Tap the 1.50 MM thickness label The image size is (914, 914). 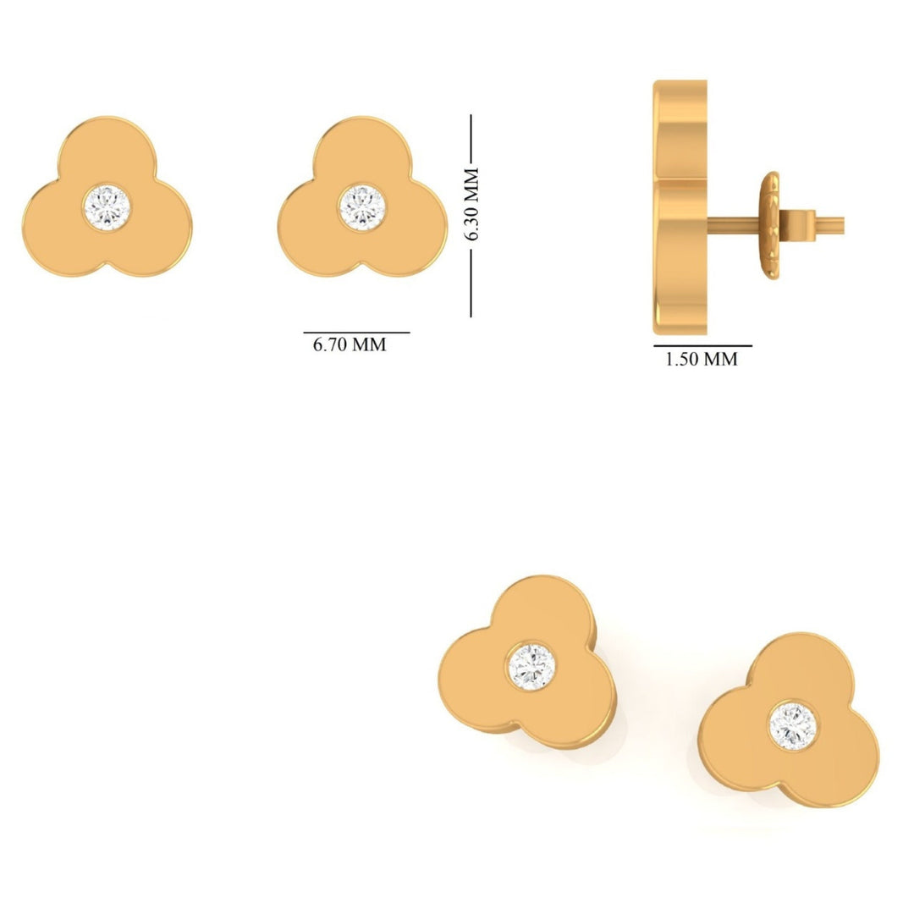click(x=701, y=359)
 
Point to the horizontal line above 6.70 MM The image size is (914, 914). click(x=356, y=333)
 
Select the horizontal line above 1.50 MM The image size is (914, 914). click(x=702, y=346)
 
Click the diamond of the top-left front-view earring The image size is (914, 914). click(x=108, y=205)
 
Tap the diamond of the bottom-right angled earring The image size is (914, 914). click(x=793, y=724)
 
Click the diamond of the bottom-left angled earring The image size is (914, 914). click(x=531, y=666)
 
